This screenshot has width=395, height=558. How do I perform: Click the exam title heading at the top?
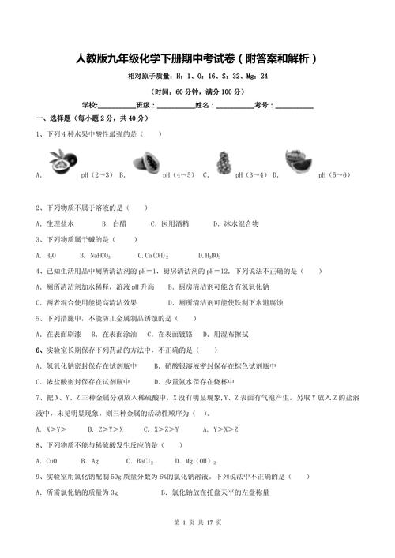coord(197,58)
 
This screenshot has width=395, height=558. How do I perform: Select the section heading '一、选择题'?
coord(55,119)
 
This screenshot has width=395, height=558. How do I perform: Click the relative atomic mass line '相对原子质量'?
coord(197,77)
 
